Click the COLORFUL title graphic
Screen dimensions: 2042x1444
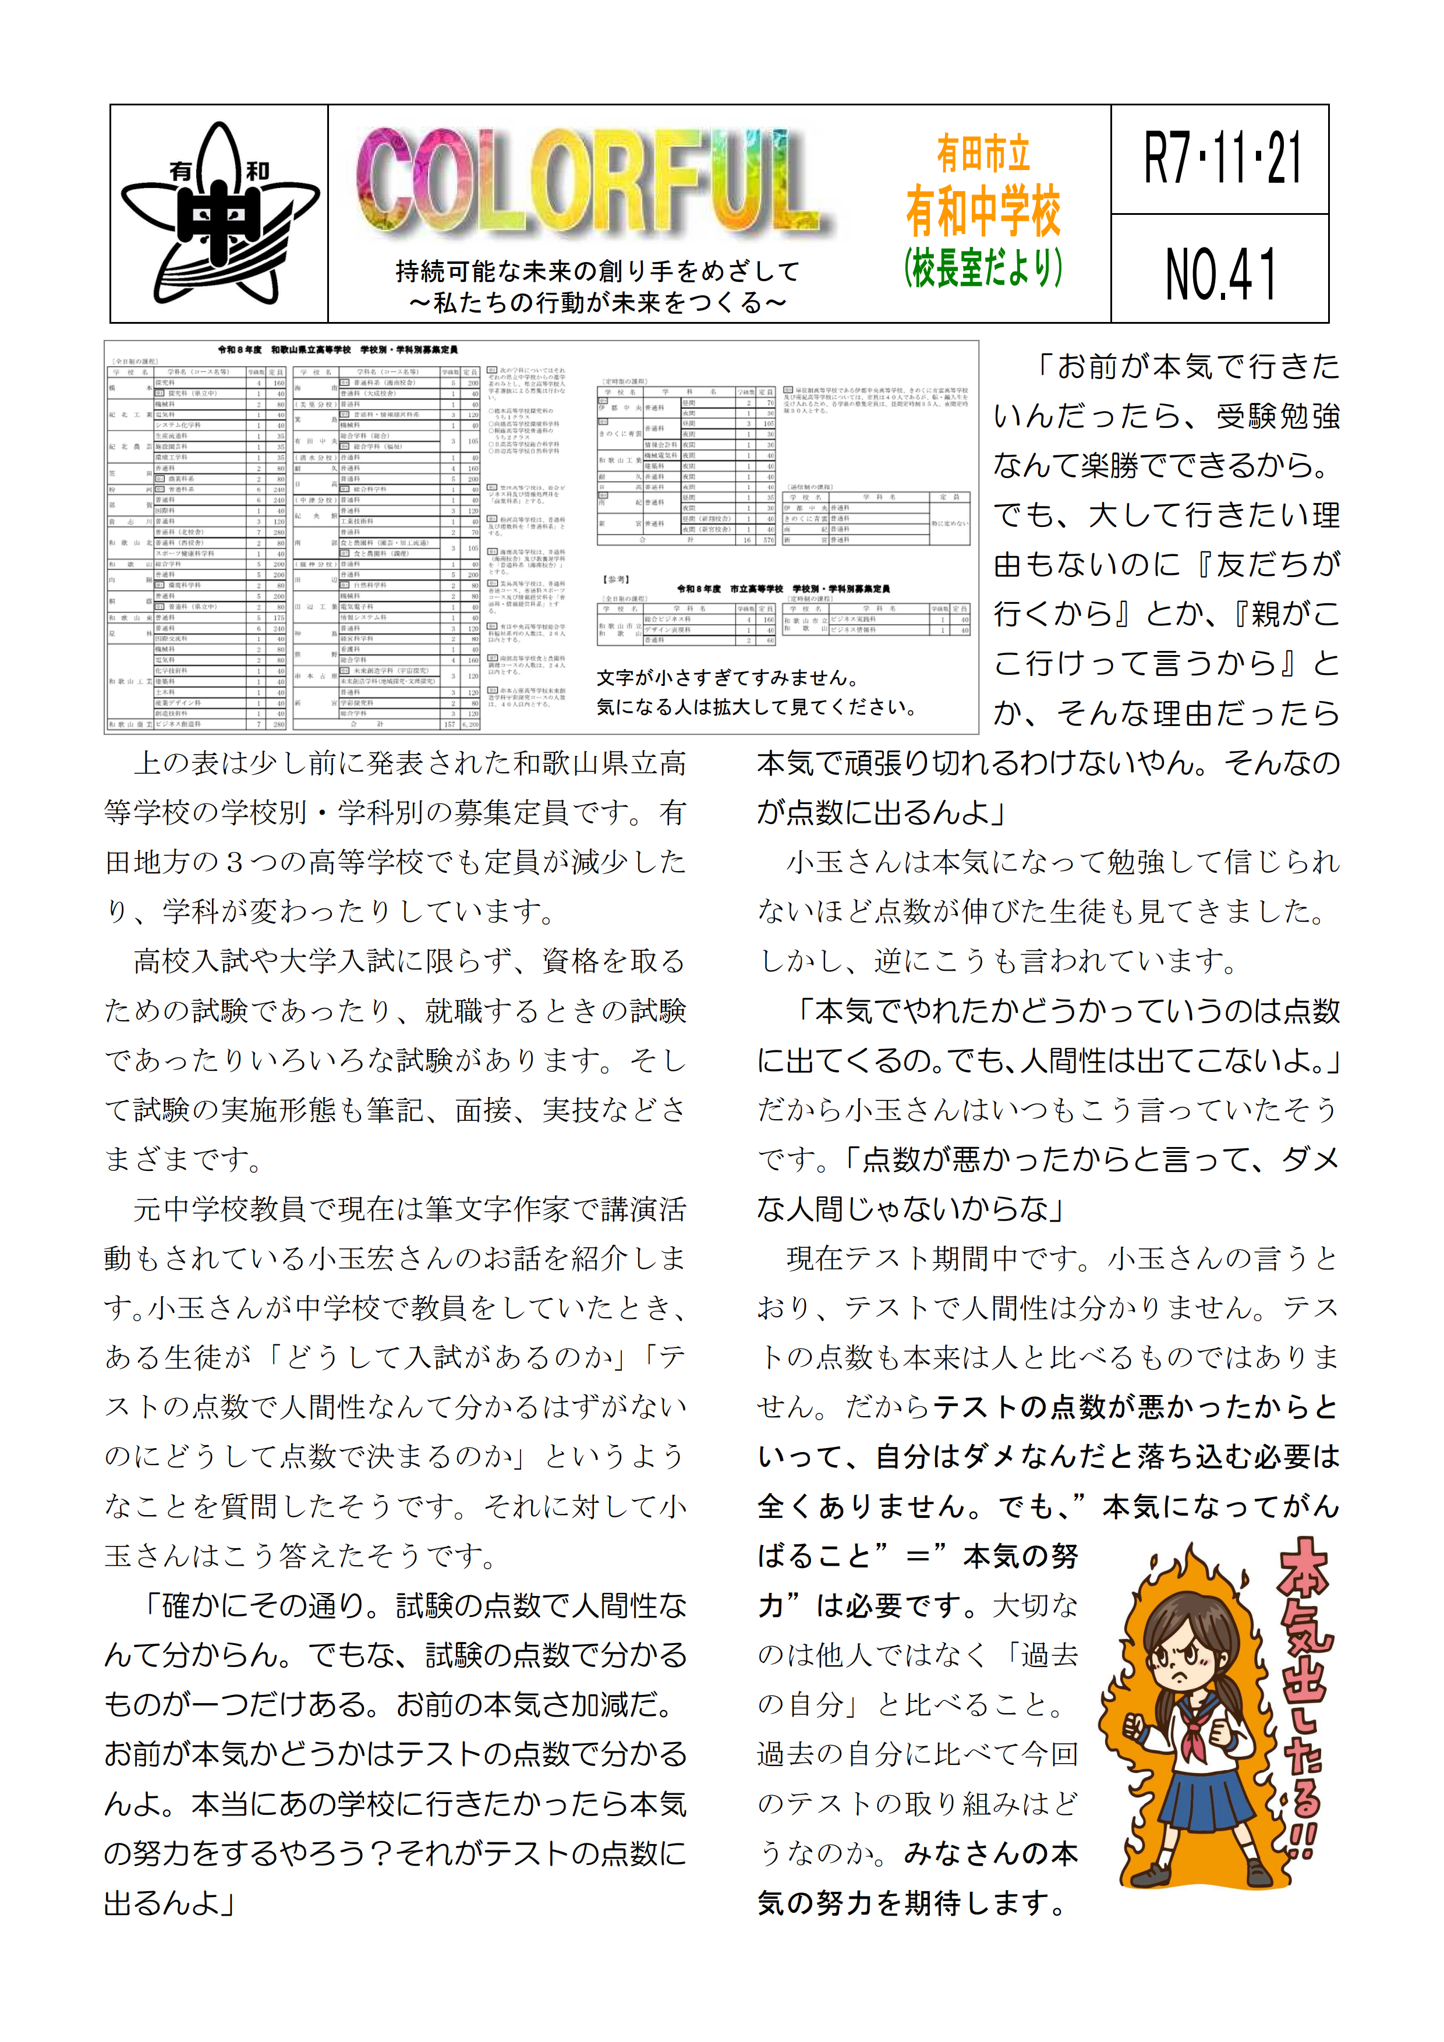pos(592,182)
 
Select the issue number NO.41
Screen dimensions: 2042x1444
pos(1221,273)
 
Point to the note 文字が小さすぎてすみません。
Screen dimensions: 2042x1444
pos(727,678)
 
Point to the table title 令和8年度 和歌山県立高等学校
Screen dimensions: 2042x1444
pos(338,349)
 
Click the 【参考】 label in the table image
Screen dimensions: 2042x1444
pos(616,579)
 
